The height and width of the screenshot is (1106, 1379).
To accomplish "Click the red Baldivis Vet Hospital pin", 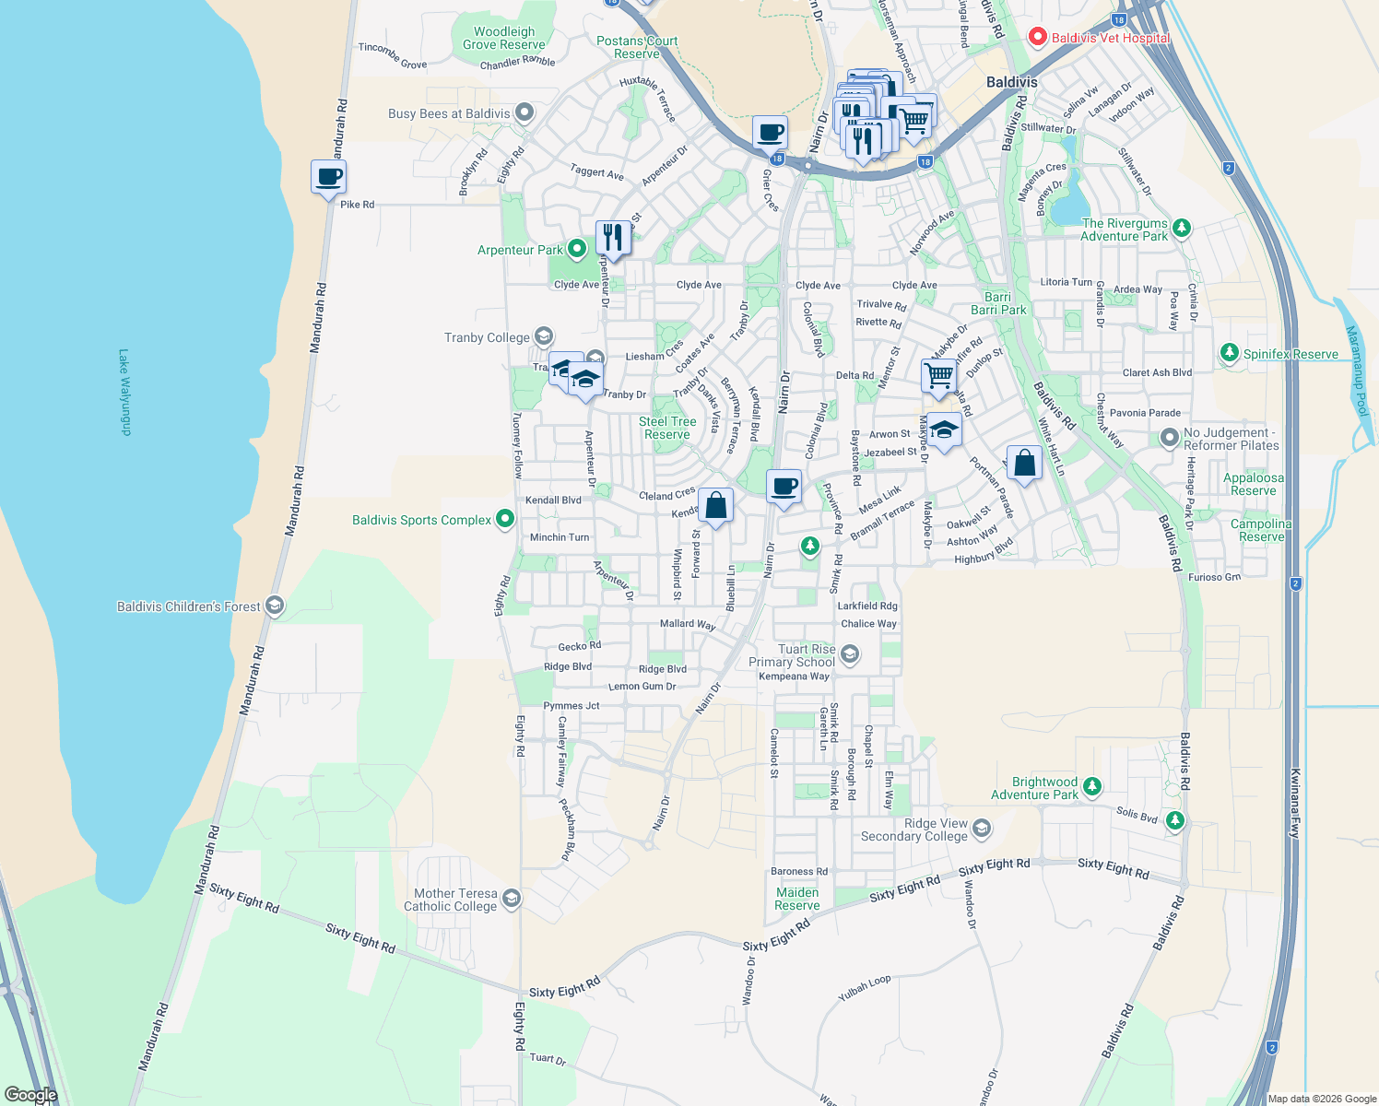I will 1037,37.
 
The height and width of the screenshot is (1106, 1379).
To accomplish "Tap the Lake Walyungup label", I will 125,392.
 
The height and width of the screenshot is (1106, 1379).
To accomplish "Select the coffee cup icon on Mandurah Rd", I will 328,177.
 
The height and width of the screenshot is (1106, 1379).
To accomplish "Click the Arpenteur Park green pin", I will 577,249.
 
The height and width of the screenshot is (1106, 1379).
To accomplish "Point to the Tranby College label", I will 487,337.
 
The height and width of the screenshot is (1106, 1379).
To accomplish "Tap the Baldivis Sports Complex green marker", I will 505,520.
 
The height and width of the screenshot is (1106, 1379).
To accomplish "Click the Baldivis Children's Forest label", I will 188,606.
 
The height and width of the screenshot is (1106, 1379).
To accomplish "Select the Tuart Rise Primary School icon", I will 850,654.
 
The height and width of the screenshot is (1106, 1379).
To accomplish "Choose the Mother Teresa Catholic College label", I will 450,900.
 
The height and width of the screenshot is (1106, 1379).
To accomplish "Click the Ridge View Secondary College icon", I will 982,829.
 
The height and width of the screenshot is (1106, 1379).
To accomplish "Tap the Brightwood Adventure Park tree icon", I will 1092,786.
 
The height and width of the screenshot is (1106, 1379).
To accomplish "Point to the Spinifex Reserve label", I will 1291,354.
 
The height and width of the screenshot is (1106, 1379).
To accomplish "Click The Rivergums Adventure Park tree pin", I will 1182,227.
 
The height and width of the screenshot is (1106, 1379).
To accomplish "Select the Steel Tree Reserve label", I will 667,428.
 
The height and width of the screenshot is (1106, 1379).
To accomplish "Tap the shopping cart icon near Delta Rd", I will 938,375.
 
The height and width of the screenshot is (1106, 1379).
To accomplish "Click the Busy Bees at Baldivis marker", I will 524,113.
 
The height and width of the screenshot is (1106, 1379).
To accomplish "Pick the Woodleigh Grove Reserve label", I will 504,38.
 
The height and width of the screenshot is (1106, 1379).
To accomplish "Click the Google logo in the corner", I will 30,1095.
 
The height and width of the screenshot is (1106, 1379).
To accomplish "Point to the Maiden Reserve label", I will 797,899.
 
